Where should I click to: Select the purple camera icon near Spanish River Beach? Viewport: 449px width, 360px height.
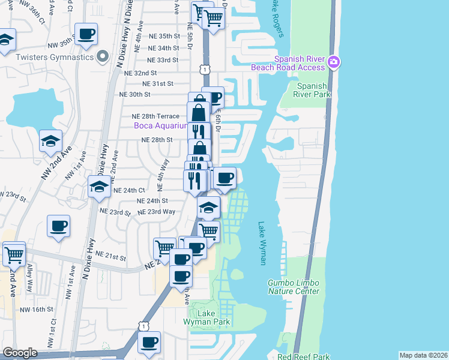[x=335, y=62]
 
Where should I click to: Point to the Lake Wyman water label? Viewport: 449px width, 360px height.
[x=262, y=243]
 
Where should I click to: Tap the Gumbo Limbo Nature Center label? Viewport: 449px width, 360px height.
[x=294, y=287]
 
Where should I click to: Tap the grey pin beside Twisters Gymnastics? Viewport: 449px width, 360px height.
[x=103, y=57]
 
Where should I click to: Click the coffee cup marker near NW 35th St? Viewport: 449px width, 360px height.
[x=86, y=34]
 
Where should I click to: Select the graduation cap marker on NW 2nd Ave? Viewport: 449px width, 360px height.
[x=51, y=140]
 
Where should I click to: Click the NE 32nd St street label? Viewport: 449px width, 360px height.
[x=140, y=73]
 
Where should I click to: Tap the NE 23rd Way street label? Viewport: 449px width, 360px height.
[x=156, y=212]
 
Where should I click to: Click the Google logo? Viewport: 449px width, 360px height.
[x=20, y=353]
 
